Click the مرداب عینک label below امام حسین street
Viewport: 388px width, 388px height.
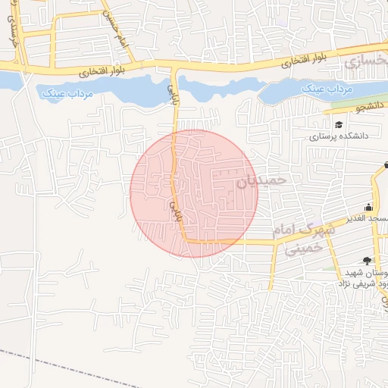(x=64, y=93)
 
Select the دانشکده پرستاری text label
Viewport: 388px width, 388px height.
(x=337, y=138)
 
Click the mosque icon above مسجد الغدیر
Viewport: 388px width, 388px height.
(x=369, y=207)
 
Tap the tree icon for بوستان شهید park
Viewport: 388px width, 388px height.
(x=369, y=260)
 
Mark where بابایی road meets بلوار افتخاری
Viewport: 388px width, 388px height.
(x=176, y=69)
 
